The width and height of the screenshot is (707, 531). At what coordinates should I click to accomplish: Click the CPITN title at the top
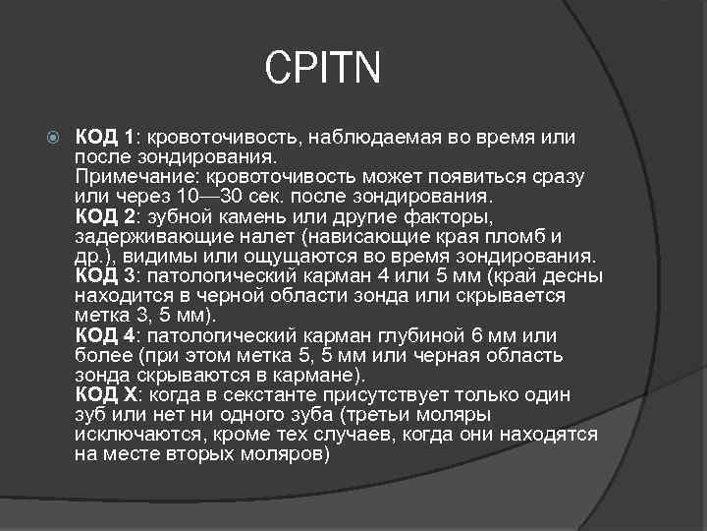click(x=321, y=70)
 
